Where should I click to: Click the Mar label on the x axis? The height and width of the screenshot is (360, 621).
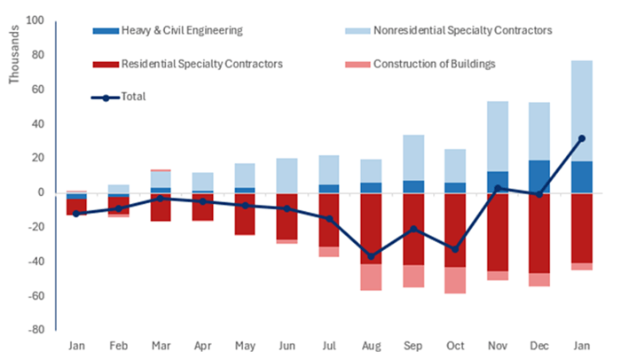click(161, 344)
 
